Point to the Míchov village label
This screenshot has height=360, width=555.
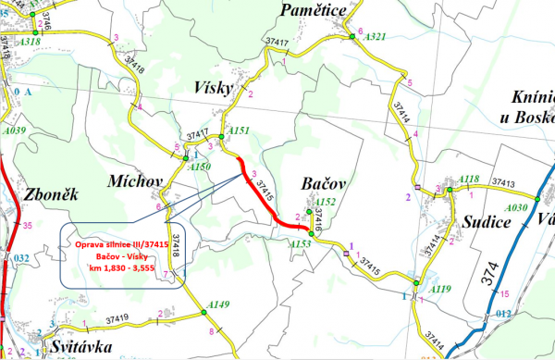[x=134, y=180]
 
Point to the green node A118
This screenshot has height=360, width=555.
[x=451, y=189]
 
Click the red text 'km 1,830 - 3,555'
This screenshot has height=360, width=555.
[x=121, y=269]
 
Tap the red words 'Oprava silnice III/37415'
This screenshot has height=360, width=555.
[x=120, y=243]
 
